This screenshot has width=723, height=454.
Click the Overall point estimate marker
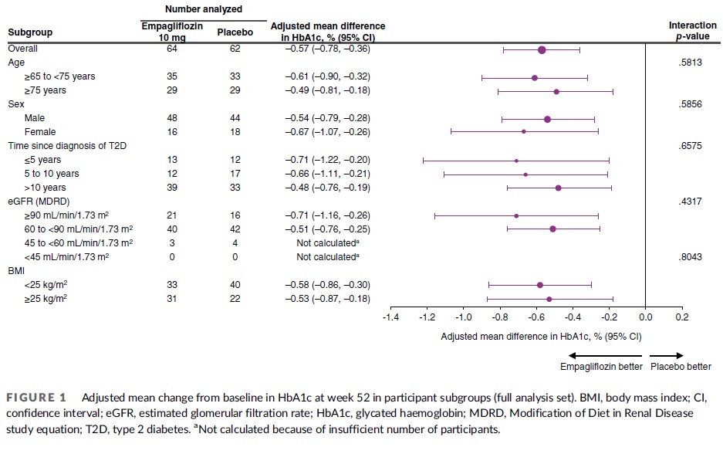point(542,49)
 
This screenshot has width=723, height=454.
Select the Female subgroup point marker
point(524,131)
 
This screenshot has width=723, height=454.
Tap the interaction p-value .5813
point(688,63)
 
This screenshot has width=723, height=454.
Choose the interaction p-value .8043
point(688,256)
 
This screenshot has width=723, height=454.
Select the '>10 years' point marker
point(558,188)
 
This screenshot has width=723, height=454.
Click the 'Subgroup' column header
point(30,33)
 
